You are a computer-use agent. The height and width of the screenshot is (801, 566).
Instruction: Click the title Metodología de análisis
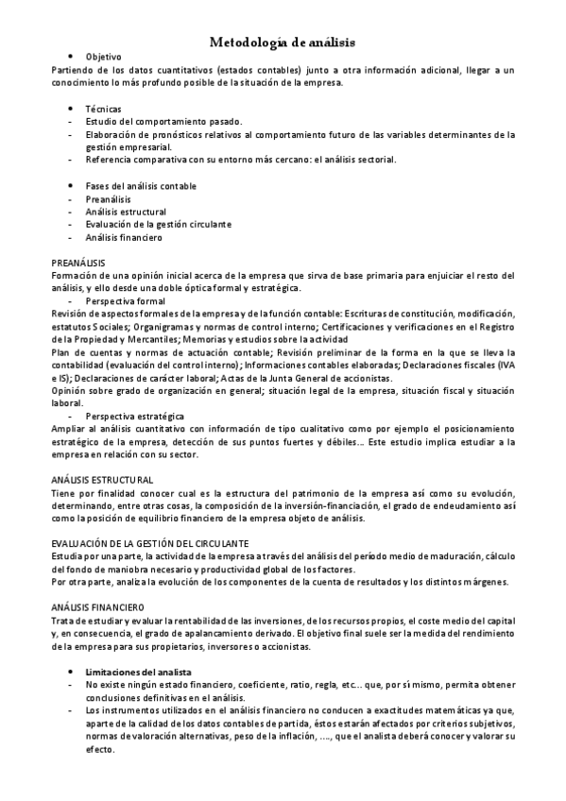(x=282, y=42)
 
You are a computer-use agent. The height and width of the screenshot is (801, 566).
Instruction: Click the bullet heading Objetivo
(x=103, y=58)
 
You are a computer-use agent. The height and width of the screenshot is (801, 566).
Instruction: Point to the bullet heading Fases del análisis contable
(x=141, y=186)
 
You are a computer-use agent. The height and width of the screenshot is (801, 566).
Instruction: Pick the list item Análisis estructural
(x=126, y=213)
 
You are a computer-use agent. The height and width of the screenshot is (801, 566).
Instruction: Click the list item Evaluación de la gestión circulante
(x=158, y=225)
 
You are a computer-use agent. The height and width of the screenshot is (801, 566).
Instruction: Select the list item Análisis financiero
(x=124, y=238)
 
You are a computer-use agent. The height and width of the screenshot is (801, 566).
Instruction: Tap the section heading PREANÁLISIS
(x=78, y=262)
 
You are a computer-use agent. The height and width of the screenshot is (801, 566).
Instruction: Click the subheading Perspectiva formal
(x=125, y=300)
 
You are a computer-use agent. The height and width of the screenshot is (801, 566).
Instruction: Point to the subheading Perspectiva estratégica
(x=134, y=416)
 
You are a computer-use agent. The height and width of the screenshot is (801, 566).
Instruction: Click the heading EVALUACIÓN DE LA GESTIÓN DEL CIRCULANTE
(x=150, y=543)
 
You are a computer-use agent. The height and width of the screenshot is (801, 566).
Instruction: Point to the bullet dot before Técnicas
(x=72, y=110)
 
